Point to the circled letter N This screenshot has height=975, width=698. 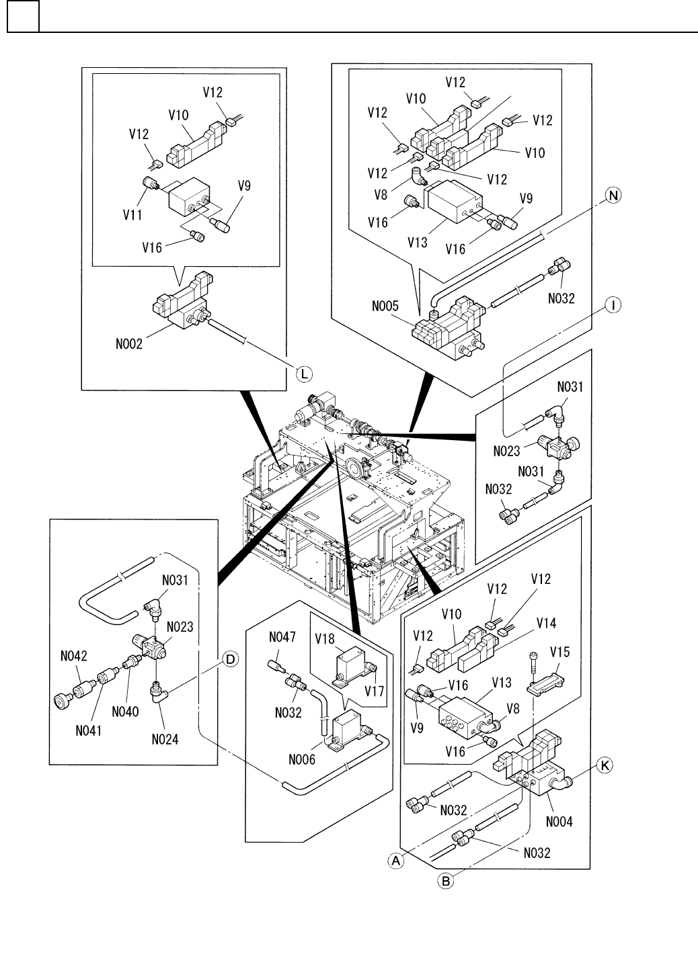[613, 196]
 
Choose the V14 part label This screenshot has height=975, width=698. [547, 624]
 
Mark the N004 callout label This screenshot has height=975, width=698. [559, 821]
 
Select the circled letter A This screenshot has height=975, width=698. [397, 859]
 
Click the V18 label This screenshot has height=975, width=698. [325, 639]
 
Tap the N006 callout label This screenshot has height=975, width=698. [302, 761]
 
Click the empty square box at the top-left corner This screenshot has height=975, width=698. [23, 17]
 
